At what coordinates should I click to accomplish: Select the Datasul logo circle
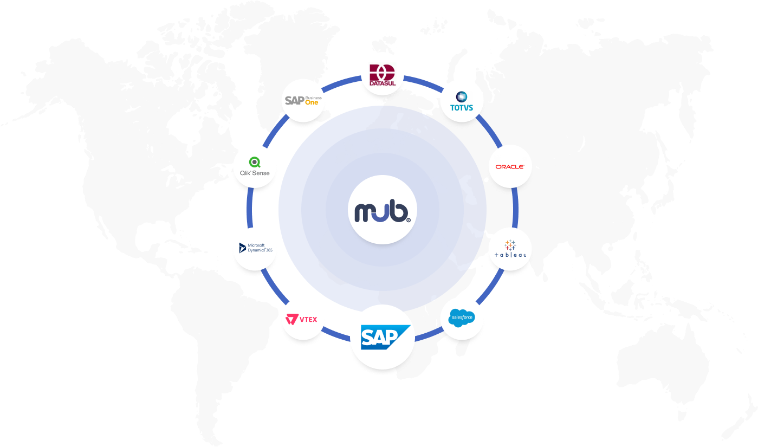383,75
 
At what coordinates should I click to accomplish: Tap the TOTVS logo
462,101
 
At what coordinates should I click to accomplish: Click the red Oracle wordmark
510,166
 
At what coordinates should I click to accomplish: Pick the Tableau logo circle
510,249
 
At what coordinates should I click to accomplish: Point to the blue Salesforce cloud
462,318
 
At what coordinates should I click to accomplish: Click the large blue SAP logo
383,337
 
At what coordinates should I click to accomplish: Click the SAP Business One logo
303,100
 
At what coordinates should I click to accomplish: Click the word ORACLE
510,166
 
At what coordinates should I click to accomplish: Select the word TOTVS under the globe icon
462,107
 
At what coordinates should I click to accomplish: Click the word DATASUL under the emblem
383,84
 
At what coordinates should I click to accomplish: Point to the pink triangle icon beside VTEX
292,319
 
